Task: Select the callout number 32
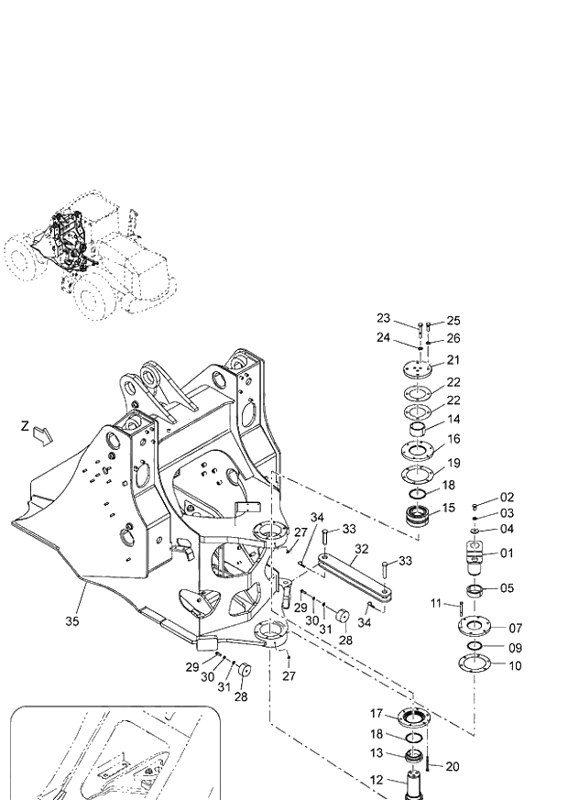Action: tap(362, 549)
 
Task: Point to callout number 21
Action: tap(453, 360)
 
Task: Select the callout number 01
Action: tap(507, 553)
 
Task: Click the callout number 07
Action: tap(515, 628)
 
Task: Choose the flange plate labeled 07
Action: tap(475, 629)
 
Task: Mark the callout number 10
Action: tap(515, 666)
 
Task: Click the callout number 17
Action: tap(377, 713)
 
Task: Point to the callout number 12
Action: tap(377, 780)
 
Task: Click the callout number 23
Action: tap(383, 318)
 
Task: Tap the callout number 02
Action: tap(507, 497)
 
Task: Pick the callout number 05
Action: tap(507, 588)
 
